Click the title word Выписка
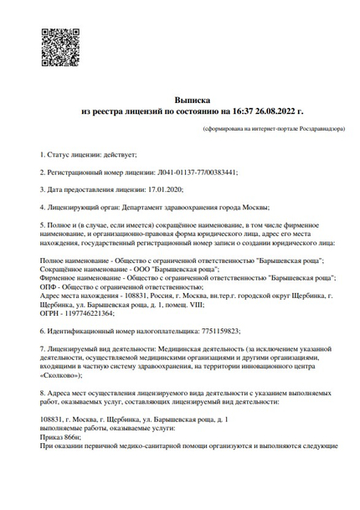point(193,99)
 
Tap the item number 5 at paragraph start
point(42,225)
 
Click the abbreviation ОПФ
point(48,286)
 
